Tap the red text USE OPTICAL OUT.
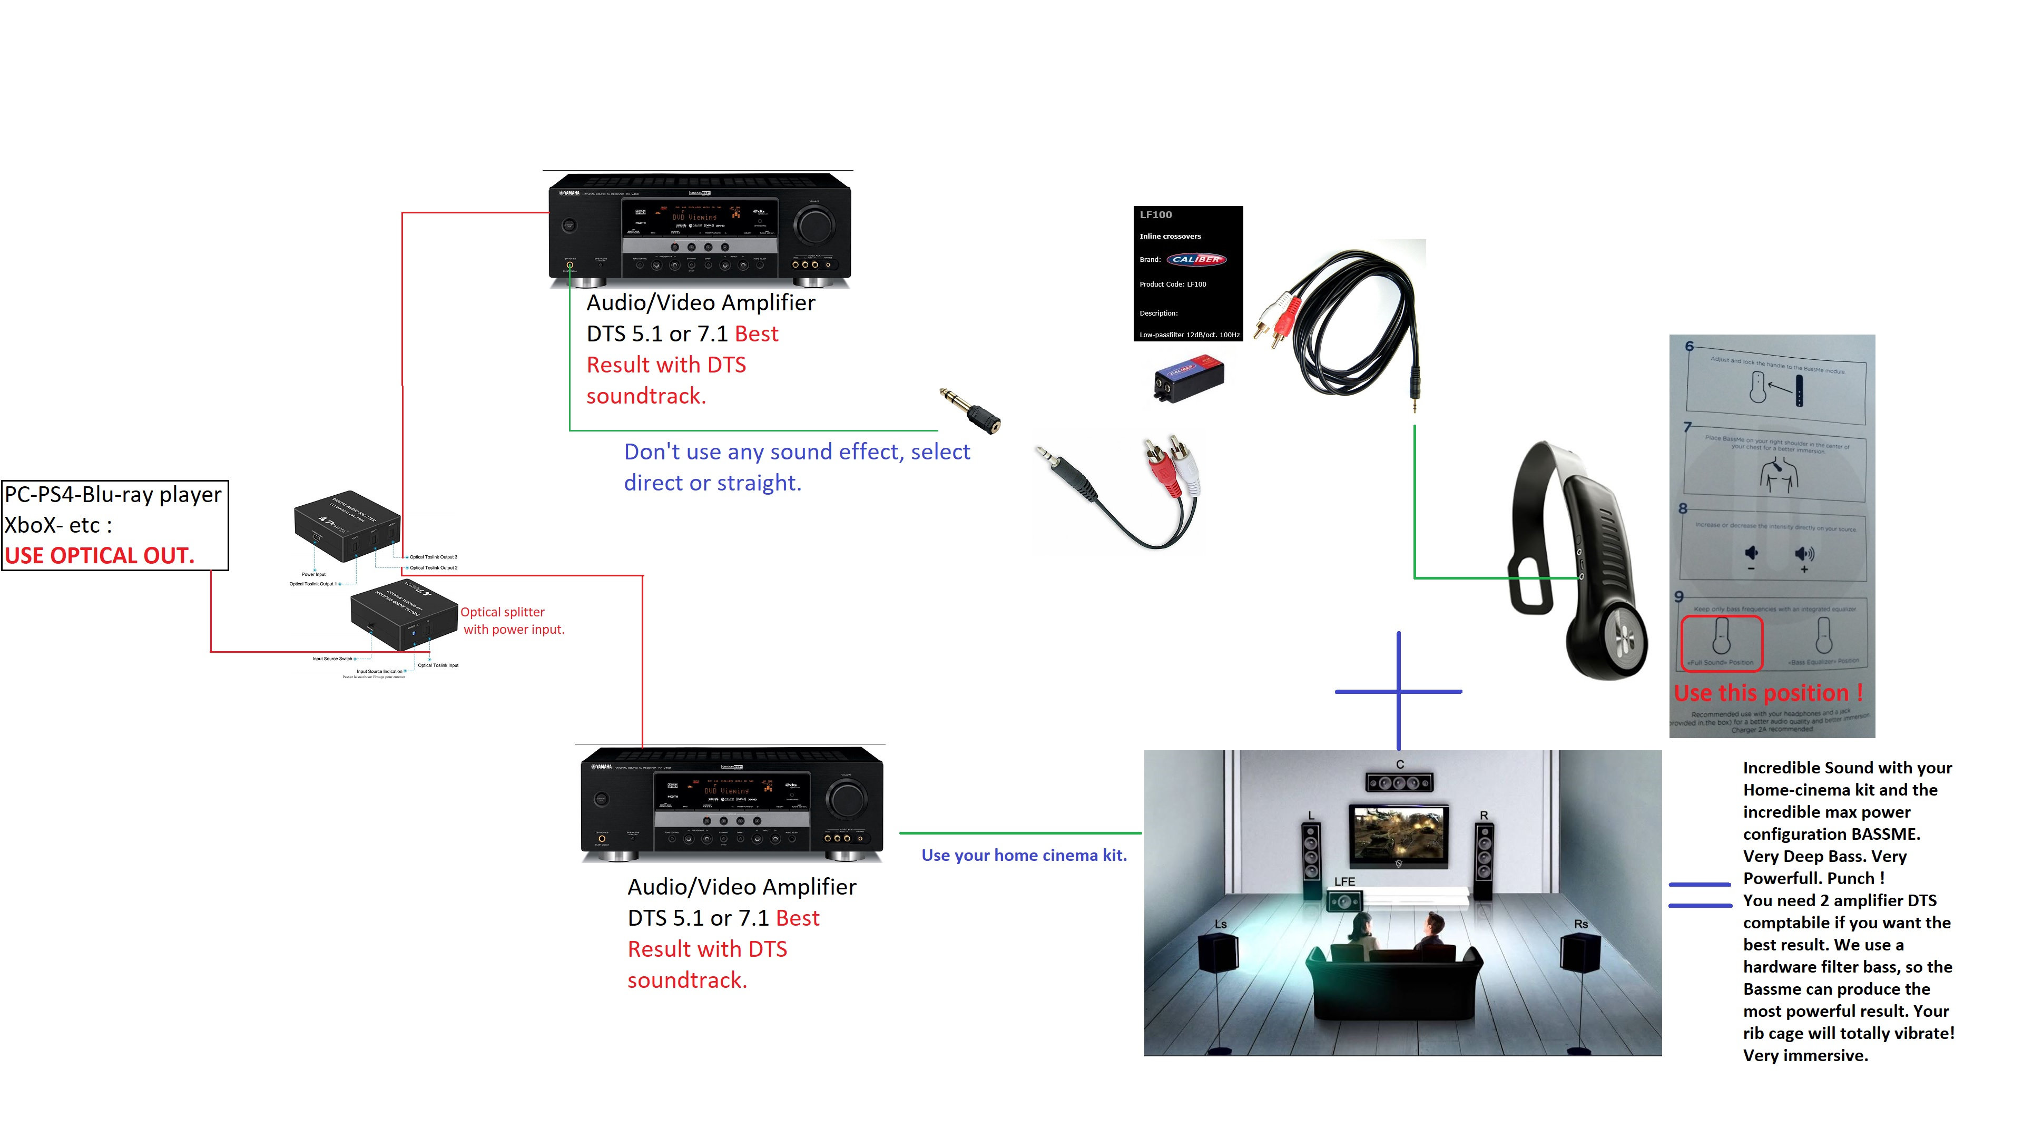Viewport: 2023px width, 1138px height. [99, 555]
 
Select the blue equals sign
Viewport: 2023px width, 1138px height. [1700, 895]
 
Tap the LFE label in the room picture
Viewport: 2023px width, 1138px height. [1344, 881]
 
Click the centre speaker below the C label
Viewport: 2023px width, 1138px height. [1399, 782]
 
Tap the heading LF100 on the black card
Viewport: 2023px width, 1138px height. [1155, 214]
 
